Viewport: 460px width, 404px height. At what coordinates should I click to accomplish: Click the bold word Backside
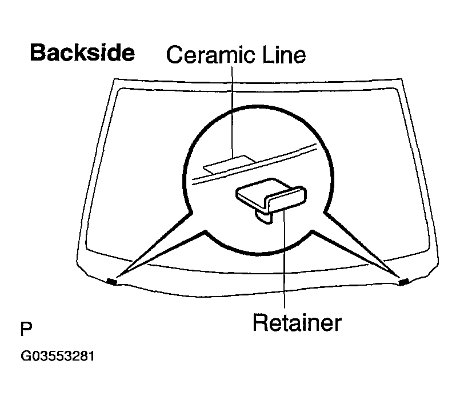[82, 53]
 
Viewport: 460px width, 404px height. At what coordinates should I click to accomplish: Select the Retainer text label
[297, 323]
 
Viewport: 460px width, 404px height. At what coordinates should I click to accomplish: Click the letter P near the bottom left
[26, 329]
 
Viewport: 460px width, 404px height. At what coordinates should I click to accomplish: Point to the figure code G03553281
[58, 356]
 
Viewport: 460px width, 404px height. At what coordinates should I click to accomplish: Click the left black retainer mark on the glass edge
[112, 282]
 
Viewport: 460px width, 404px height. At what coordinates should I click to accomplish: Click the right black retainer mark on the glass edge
[404, 282]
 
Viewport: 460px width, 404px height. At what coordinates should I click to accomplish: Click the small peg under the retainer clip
[264, 217]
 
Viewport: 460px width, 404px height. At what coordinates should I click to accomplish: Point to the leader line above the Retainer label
[284, 258]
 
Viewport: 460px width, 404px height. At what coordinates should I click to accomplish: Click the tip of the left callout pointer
[117, 277]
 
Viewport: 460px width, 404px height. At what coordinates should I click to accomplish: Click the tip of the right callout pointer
[400, 277]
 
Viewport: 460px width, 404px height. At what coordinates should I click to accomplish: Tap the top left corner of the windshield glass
[114, 79]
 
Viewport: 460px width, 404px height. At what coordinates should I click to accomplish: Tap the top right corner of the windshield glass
[401, 79]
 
